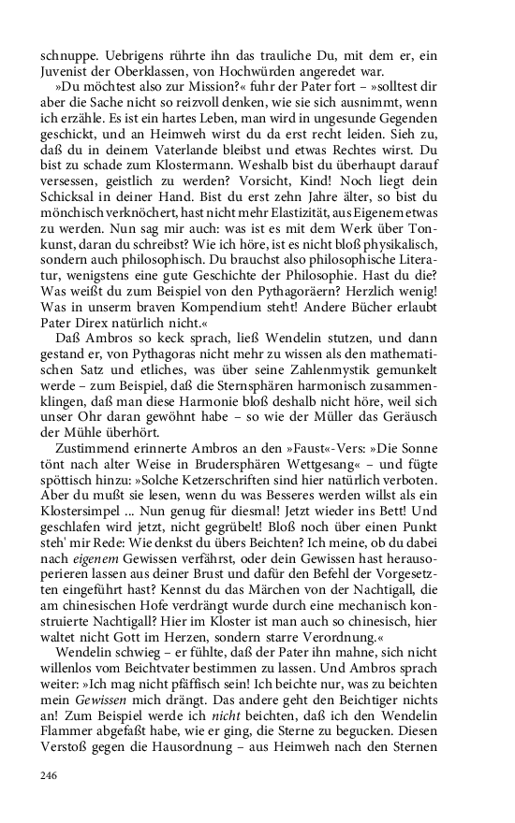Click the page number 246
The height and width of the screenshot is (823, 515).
click(50, 775)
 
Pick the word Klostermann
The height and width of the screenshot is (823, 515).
click(197, 192)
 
